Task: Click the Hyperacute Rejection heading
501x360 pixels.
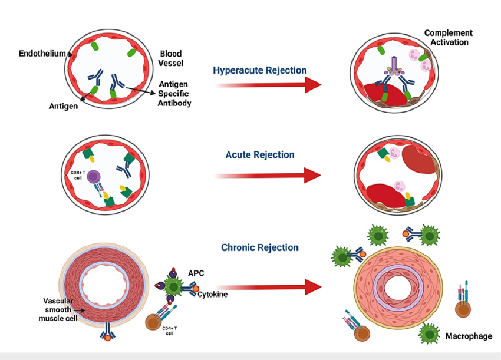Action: [x=259, y=70]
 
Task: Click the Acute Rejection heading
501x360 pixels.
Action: [x=260, y=155]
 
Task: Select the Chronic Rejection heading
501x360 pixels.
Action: [x=260, y=247]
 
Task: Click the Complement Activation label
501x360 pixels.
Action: [x=448, y=38]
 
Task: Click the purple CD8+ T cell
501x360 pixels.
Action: [x=95, y=177]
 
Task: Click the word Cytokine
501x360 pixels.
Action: [x=213, y=294]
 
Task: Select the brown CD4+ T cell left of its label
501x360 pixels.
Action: [x=154, y=323]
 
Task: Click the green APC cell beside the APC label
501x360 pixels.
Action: [x=174, y=288]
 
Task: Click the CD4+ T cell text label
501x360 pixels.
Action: [x=172, y=330]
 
